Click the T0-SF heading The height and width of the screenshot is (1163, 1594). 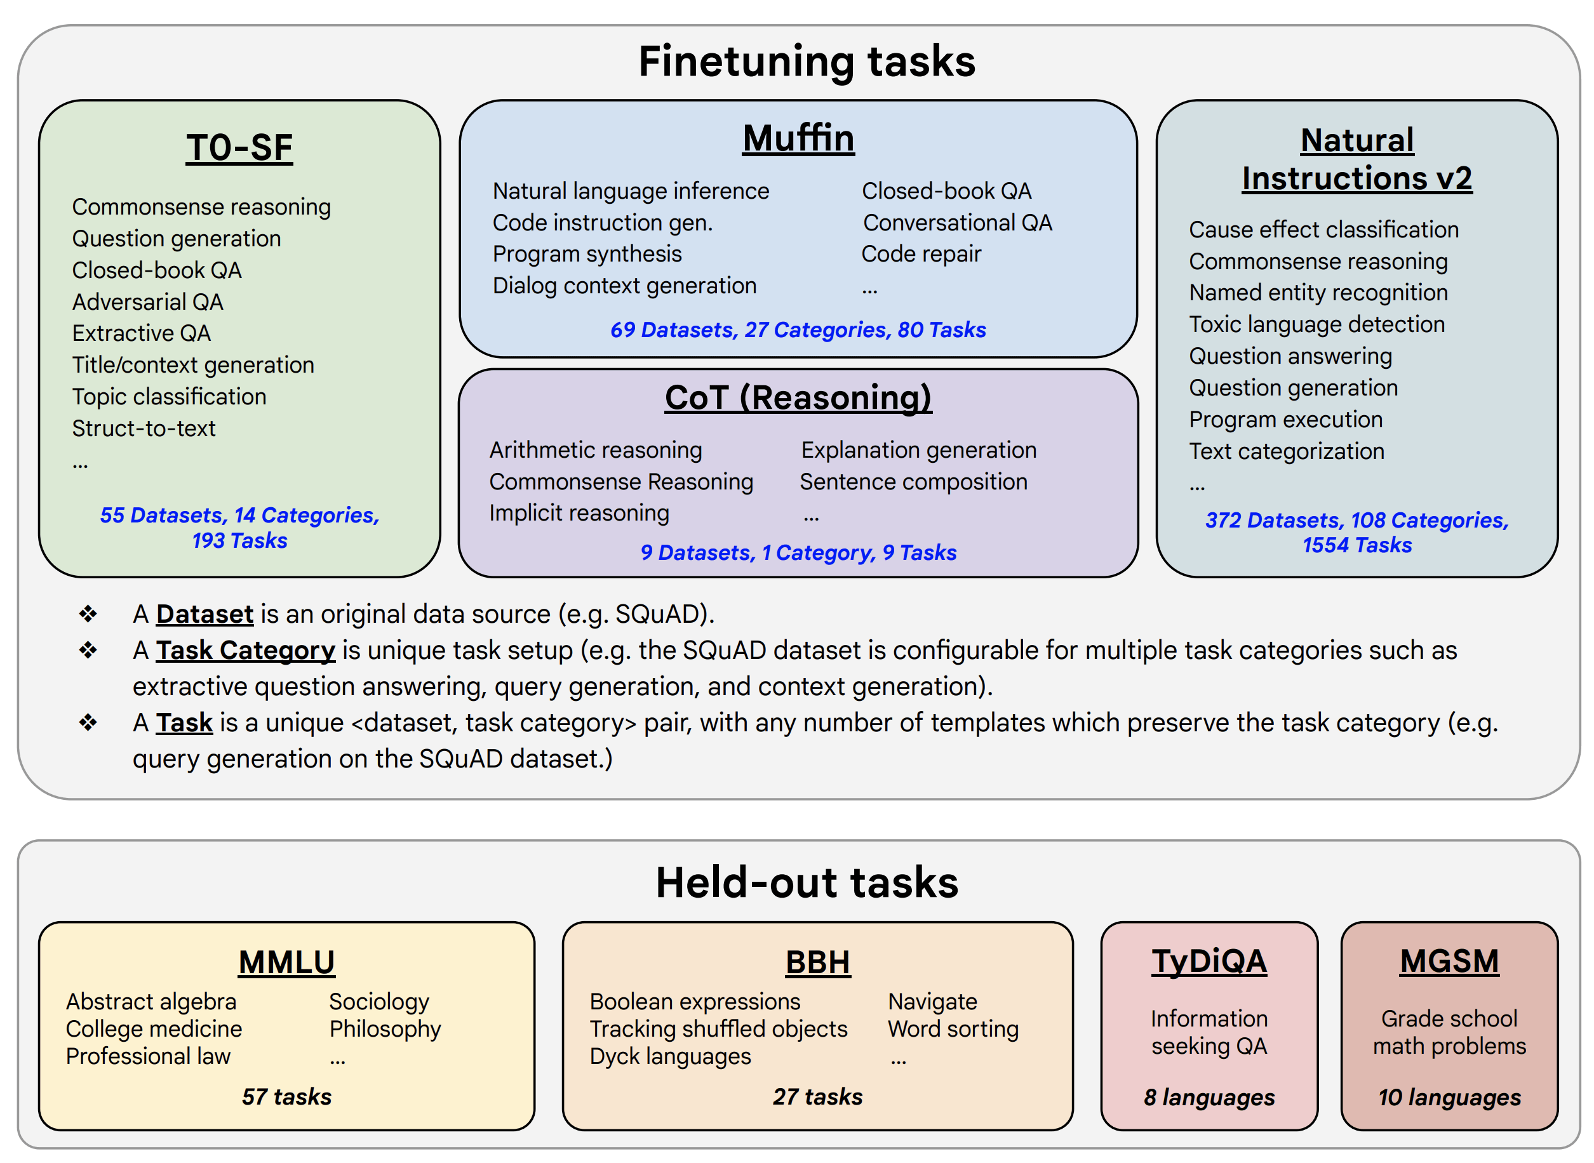239,149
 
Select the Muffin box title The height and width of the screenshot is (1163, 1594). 798,138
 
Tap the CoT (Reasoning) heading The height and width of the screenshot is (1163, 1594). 798,398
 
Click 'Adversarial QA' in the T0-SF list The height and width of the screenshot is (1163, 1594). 148,302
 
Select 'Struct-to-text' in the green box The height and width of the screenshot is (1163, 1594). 144,429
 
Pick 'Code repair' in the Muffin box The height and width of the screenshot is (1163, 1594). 921,254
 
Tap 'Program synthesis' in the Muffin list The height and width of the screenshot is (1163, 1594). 587,254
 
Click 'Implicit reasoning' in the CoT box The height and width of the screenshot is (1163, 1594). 579,513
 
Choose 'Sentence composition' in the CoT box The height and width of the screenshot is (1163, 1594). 913,482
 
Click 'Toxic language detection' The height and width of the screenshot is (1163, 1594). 1316,324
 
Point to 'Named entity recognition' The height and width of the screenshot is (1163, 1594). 1318,293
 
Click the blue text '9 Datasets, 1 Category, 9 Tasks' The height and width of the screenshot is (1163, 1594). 798,553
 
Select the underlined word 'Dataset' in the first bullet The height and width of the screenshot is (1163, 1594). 204,614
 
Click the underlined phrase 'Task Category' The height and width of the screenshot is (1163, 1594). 245,651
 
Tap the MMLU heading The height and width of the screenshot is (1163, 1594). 286,962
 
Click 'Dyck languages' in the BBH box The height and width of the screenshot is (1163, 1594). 670,1057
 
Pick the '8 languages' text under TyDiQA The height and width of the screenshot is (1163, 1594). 1209,1098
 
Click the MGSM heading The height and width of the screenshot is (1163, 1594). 1449,962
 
